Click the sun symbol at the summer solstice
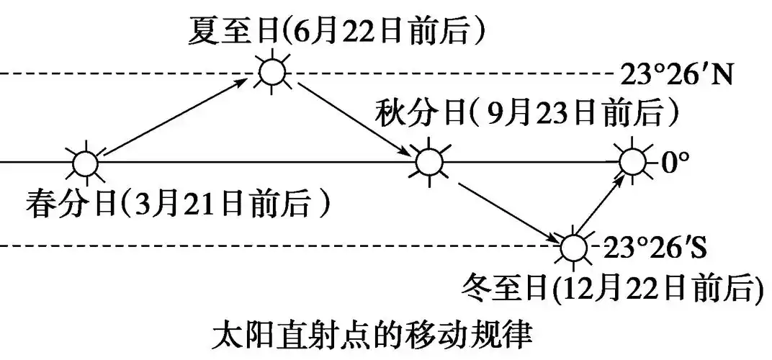pos(272,72)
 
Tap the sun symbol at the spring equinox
pos(84,163)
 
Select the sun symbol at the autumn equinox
pos(429,163)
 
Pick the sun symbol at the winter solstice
pos(573,247)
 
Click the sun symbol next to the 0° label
pos(633,162)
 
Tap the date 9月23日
pos(537,114)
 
